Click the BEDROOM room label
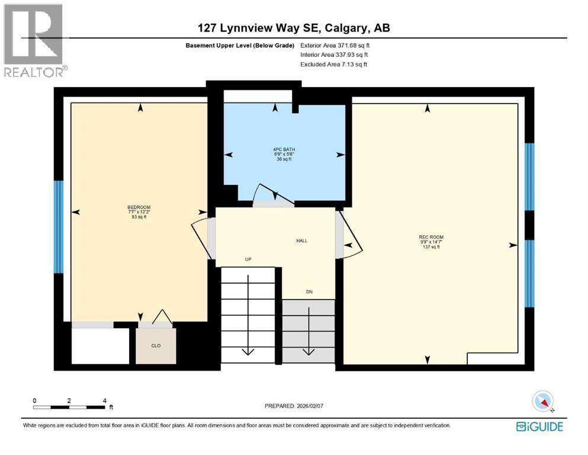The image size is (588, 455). pos(140,207)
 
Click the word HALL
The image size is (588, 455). pos(302,241)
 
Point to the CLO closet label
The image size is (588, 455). pos(156,345)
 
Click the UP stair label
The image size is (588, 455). pos(249,259)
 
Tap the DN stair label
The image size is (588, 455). pos(309,291)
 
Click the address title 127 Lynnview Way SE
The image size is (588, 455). pos(294,27)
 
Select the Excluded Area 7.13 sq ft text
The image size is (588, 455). pos(333,64)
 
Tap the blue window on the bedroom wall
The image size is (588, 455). pos(58,226)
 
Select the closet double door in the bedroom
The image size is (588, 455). pos(155,319)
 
